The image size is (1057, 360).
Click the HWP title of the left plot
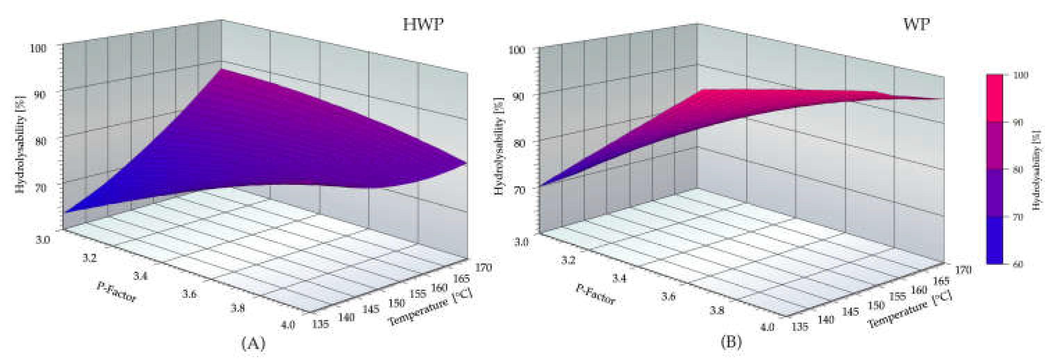click(423, 25)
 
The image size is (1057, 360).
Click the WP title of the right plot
click(916, 25)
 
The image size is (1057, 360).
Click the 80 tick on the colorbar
click(1019, 170)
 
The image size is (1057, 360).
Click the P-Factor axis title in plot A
click(116, 292)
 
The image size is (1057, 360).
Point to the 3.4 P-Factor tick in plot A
click(141, 276)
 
